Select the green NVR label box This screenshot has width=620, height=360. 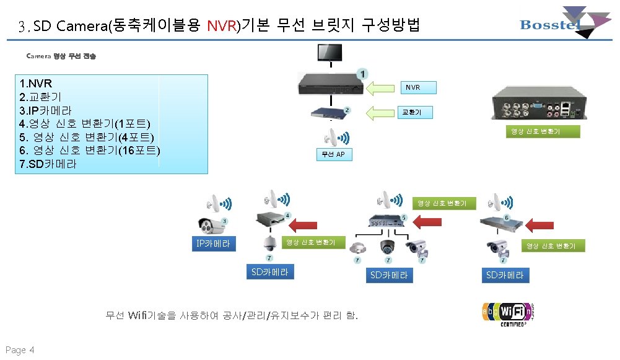[413, 88]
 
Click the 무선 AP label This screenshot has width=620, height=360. [335, 155]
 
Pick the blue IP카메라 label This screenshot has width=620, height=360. [213, 244]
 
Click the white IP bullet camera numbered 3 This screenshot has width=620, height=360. [209, 226]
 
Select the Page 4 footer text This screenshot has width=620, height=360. [20, 350]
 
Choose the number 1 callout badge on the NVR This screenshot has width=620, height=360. [361, 73]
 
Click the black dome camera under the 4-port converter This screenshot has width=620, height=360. [388, 246]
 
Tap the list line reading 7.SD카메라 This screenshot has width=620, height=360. [48, 165]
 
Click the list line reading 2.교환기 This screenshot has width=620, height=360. [40, 97]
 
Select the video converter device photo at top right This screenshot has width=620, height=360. [537, 103]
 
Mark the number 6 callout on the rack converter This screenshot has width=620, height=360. [506, 218]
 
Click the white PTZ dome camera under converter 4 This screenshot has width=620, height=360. [269, 242]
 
